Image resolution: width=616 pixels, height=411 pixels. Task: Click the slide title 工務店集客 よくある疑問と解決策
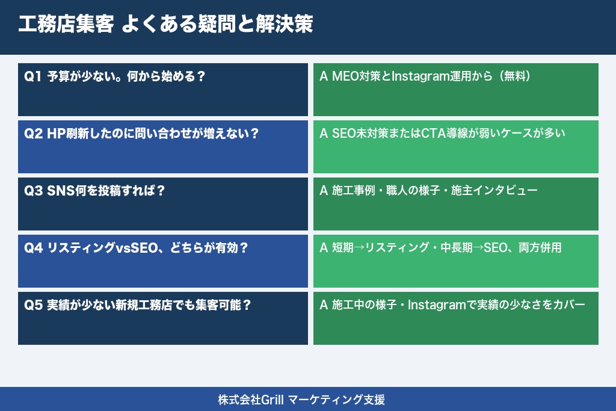165,26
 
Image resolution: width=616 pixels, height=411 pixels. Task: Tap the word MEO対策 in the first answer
353,76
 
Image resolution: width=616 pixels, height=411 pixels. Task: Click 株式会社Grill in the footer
250,399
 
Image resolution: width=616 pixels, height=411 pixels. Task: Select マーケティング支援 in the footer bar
336,399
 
